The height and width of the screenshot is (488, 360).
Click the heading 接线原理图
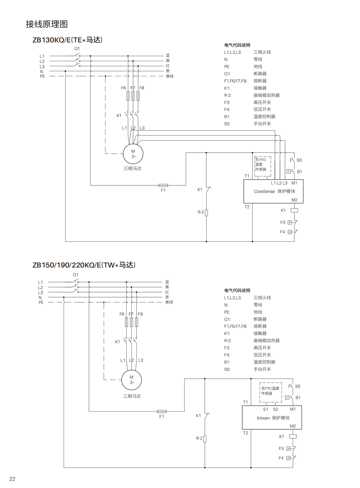[47, 24]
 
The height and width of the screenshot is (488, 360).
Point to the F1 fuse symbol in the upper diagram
[163, 185]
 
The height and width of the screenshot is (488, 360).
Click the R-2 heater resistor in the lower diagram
[205, 439]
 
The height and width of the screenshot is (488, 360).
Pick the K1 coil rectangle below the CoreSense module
[294, 210]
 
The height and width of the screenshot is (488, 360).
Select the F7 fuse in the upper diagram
[133, 96]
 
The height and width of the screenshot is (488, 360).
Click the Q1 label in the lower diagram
[75, 275]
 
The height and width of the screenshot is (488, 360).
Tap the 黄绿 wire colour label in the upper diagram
[170, 76]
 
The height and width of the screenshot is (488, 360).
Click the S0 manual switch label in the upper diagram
[299, 160]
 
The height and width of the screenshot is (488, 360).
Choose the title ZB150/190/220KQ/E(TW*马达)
[84, 265]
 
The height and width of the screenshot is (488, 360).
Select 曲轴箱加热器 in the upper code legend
[266, 95]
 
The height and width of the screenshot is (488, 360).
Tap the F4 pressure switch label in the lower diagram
[281, 458]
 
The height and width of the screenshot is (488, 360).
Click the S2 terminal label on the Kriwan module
[275, 409]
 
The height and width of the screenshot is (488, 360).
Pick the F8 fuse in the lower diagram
[137, 322]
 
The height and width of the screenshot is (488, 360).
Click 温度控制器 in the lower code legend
[264, 362]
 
